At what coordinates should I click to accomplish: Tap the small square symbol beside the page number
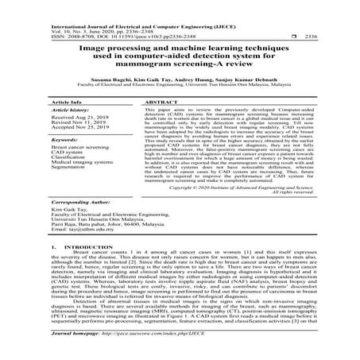pyautogui.click(x=293, y=37)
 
